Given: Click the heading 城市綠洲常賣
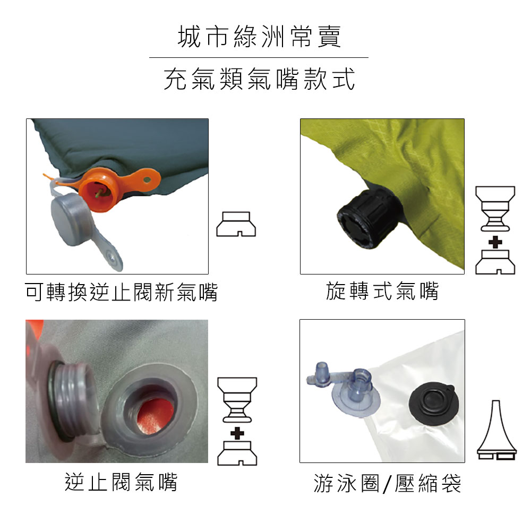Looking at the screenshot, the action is click(259, 37).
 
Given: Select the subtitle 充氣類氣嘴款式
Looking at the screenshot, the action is click(259, 79).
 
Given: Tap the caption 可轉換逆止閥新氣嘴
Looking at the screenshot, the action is click(121, 292).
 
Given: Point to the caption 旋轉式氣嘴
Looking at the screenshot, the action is click(382, 291).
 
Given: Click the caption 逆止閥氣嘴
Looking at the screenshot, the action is click(121, 482).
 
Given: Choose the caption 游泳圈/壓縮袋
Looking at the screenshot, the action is click(387, 483).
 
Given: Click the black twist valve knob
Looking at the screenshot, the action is click(369, 219).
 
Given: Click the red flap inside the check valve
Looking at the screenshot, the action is click(155, 417).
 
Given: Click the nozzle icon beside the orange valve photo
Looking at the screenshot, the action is click(236, 224).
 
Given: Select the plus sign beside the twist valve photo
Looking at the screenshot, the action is click(495, 243).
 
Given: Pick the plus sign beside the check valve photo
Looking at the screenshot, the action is click(237, 433).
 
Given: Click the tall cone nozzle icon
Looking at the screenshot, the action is click(496, 430).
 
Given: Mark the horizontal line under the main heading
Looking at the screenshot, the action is click(259, 57).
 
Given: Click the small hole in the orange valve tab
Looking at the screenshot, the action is click(147, 179).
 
